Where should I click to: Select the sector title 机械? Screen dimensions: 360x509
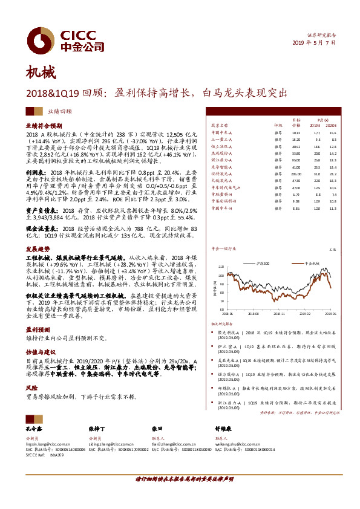[x=40, y=74]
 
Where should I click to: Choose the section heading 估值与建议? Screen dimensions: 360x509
[x=40, y=350]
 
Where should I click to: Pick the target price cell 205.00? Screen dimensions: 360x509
[x=296, y=173]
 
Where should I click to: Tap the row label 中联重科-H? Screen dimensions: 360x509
[x=221, y=194]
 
